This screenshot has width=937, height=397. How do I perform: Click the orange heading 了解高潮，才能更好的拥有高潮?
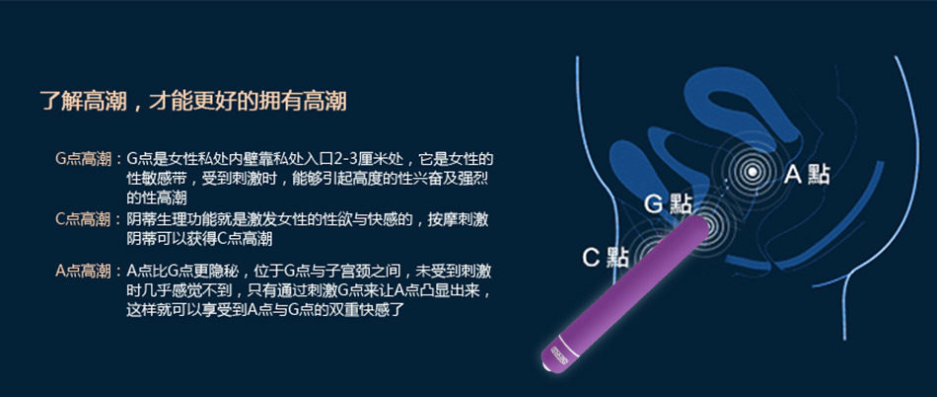point(193,101)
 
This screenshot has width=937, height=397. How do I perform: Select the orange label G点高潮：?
point(89,159)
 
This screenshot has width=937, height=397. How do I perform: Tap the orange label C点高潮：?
point(89,219)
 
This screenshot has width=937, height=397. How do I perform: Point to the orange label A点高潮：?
point(89,272)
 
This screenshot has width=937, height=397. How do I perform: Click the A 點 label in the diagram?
point(807,175)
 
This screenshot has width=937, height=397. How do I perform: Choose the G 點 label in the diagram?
point(668,203)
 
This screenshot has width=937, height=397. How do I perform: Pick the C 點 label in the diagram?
point(605,258)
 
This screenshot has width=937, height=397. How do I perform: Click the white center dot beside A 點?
point(753,172)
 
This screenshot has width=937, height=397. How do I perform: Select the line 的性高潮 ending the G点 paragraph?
point(157,198)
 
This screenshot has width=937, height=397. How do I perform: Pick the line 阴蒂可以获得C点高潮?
point(199,239)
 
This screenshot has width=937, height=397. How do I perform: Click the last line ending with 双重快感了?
point(266,310)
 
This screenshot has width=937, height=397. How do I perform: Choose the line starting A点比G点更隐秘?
point(309,272)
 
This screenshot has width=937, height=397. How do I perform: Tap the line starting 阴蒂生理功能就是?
point(308,219)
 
